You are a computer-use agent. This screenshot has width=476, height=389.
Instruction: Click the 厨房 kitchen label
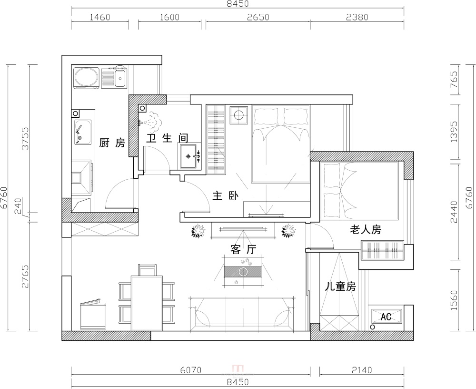[x=112, y=143]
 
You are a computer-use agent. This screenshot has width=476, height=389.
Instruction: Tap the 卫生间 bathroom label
[x=167, y=138]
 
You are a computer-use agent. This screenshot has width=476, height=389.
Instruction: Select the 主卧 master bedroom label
[x=225, y=195]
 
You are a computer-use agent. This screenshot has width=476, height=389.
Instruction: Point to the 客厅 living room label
[x=243, y=249]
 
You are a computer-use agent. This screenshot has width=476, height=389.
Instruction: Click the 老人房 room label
[x=366, y=229]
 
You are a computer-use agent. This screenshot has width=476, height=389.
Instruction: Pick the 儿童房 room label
[x=340, y=286]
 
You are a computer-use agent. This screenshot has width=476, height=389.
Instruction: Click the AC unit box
[x=387, y=317]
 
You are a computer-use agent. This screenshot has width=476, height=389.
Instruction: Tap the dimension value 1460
[x=100, y=17]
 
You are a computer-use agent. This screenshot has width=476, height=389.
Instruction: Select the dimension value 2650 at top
[x=258, y=17]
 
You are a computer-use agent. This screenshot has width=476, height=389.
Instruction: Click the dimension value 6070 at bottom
[x=191, y=370]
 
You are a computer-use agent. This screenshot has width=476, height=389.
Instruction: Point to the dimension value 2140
[x=362, y=370]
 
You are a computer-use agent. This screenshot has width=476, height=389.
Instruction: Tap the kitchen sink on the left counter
[x=83, y=133]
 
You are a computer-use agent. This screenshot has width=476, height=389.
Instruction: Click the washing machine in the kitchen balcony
[x=87, y=78]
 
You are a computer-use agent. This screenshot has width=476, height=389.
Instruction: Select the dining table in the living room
[x=147, y=303]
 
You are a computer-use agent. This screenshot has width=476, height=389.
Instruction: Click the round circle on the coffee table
[x=243, y=272]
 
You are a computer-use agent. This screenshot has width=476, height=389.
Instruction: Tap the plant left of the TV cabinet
[x=198, y=231]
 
